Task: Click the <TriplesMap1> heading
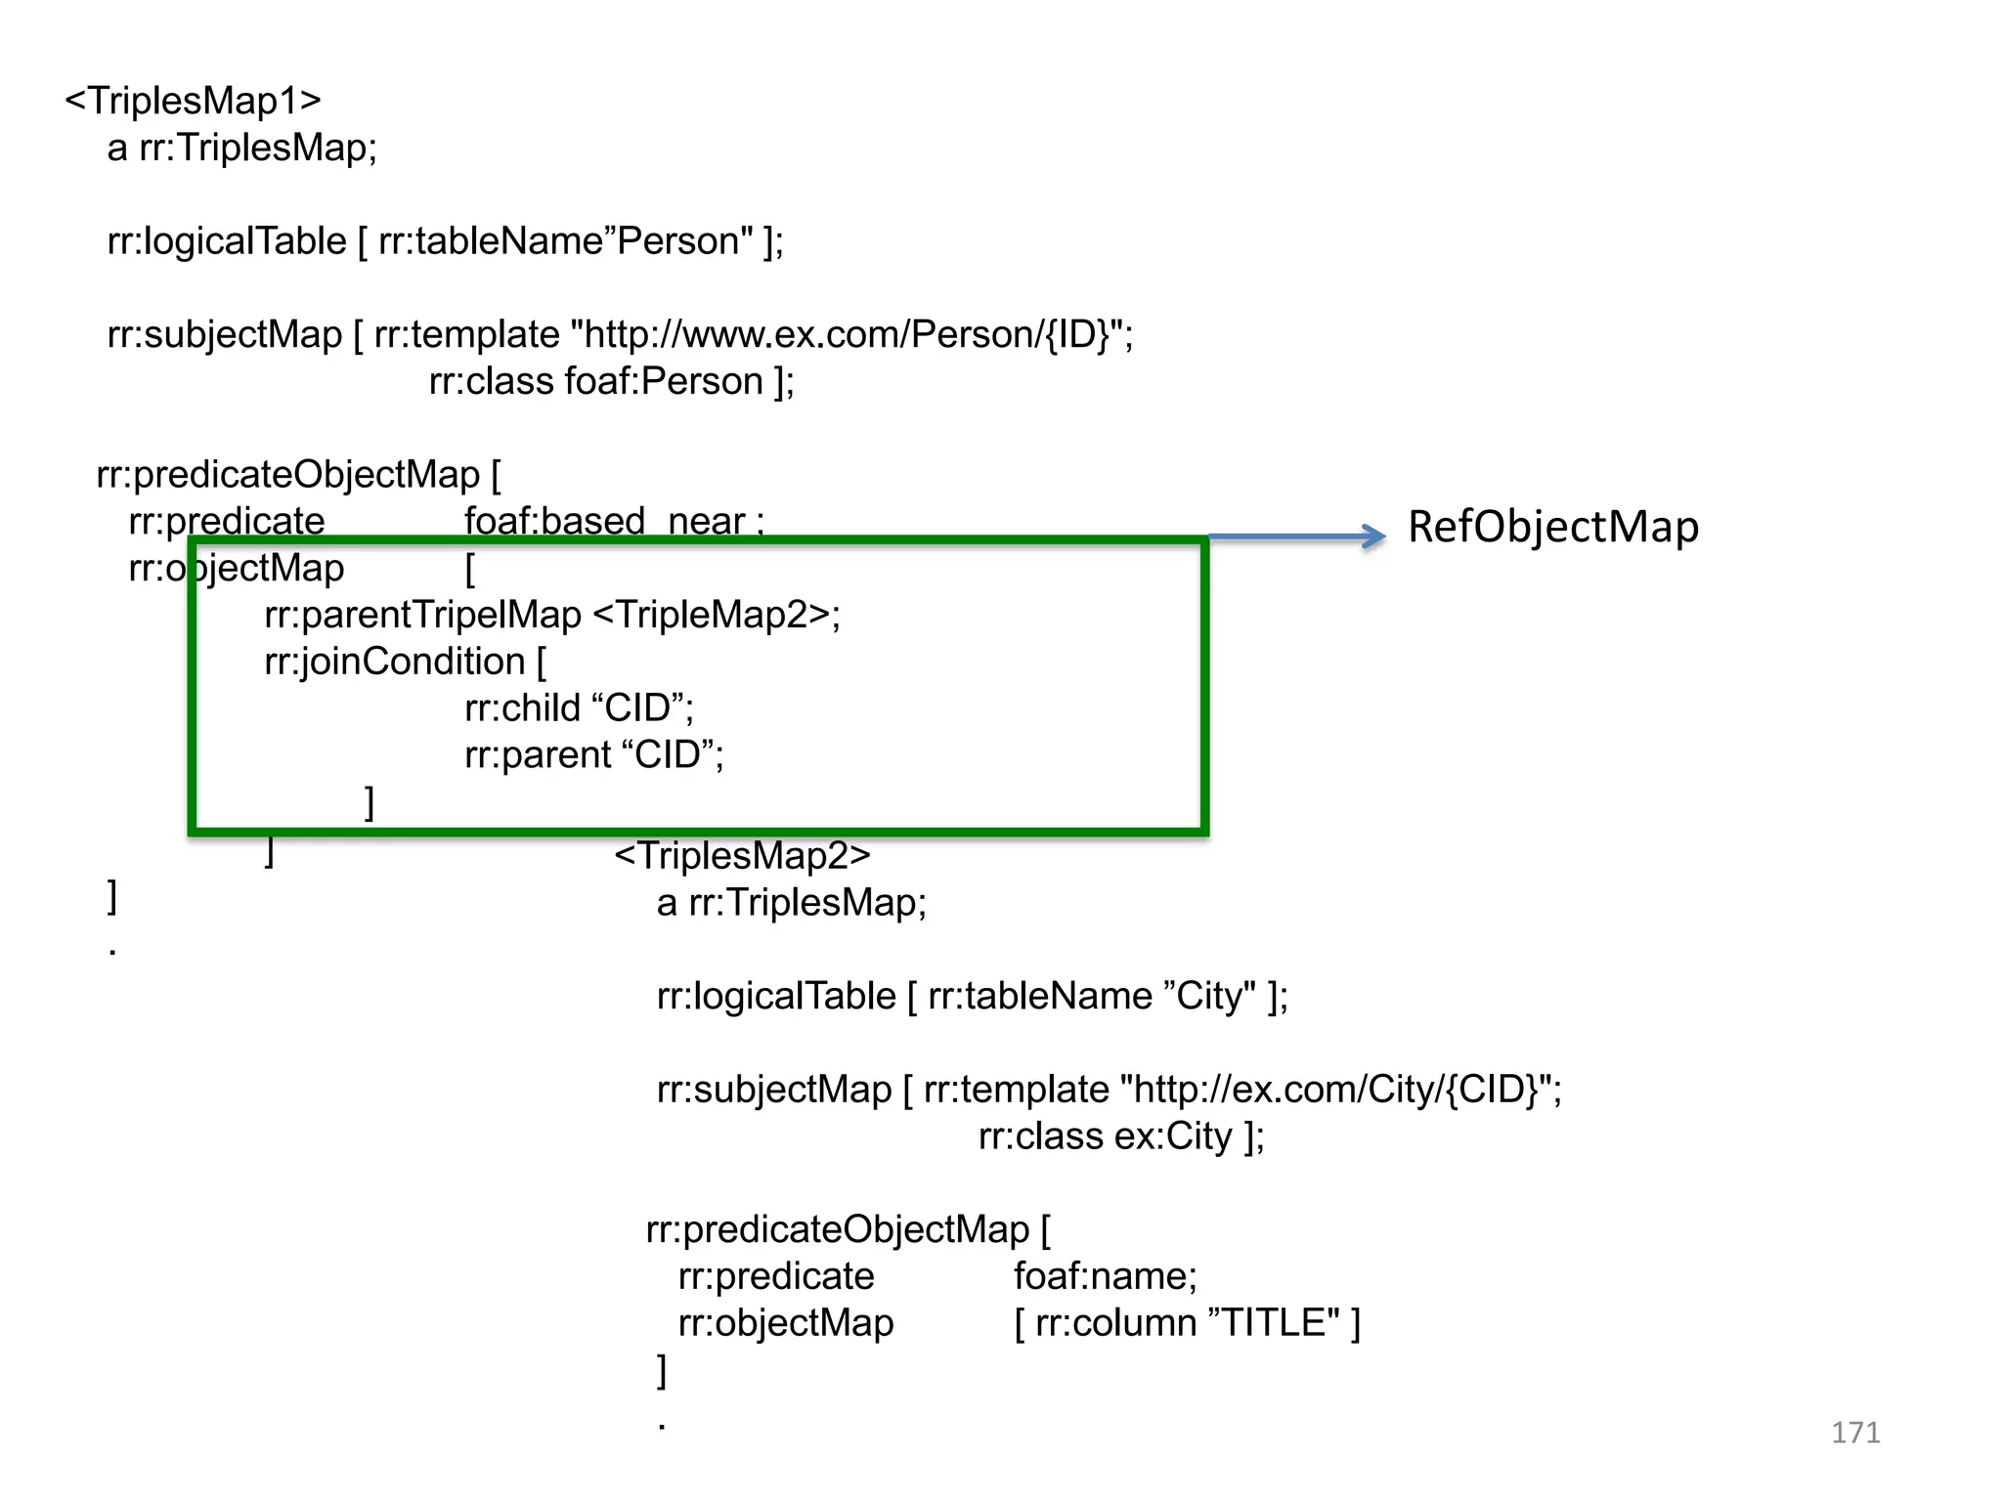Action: [x=193, y=101]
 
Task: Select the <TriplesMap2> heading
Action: [x=742, y=855]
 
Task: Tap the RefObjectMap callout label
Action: [x=1552, y=527]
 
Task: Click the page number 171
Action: [x=1854, y=1433]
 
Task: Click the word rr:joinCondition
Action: [x=395, y=662]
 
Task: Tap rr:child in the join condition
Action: [x=522, y=708]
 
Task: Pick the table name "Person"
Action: [x=685, y=240]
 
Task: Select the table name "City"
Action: [x=1210, y=996]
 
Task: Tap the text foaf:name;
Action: [x=1105, y=1276]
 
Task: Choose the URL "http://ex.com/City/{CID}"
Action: [x=1336, y=1089]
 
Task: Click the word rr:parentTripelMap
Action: [x=422, y=615]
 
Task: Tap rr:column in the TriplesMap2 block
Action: [x=1115, y=1322]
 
